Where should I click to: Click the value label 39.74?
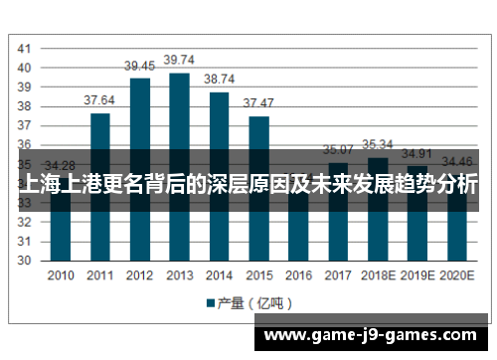pos(179,60)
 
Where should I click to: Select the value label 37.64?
pos(99,100)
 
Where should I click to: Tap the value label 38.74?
pos(219,80)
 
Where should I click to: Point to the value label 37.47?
pos(258,103)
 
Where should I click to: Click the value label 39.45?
pos(139,66)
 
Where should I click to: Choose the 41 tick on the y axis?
pos(24,49)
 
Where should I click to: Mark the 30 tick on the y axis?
pos(24,261)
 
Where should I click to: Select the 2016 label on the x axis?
pos(298,275)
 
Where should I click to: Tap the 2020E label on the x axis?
pos(456,275)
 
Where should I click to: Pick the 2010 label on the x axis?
pos(61,275)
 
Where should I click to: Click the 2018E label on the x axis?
pos(378,275)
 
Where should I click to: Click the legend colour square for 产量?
pos(211,302)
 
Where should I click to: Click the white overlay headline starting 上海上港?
pos(248,185)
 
